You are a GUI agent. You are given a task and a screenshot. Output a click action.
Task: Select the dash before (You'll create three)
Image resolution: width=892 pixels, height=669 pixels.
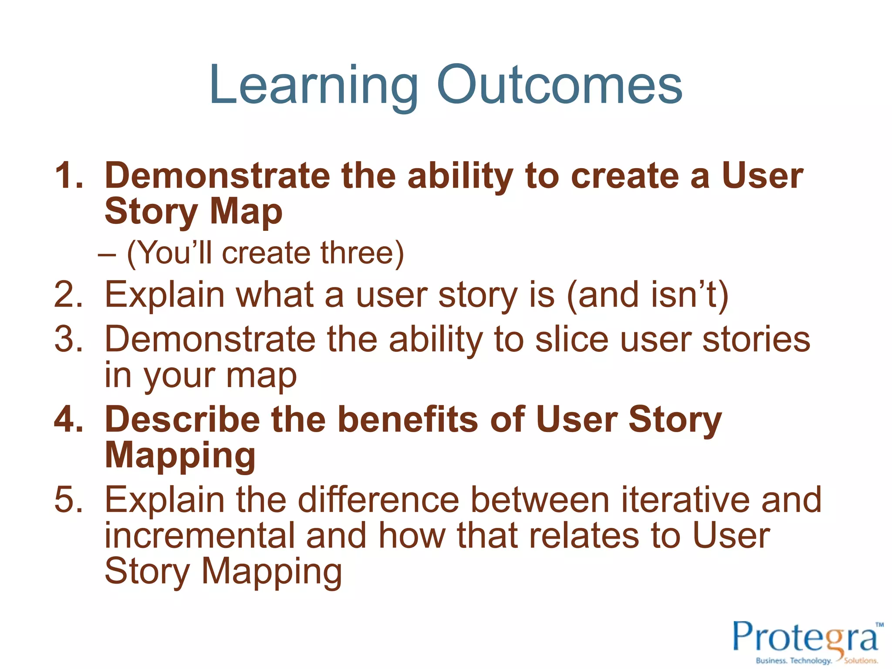107,254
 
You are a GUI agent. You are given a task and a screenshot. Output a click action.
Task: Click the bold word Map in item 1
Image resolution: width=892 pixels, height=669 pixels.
246,212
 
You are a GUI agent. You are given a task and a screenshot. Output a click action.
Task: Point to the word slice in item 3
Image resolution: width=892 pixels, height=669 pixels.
571,339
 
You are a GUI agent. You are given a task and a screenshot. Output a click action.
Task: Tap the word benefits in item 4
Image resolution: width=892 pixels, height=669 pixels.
409,419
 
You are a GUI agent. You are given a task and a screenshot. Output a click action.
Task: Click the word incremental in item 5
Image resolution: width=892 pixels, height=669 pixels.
200,536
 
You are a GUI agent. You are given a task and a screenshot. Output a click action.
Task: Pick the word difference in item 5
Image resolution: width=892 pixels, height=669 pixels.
378,500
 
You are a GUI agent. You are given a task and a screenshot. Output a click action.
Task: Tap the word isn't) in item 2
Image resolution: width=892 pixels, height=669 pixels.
689,295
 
